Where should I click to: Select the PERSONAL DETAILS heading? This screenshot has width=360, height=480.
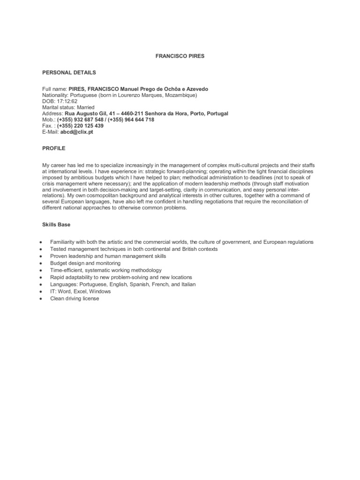(69, 73)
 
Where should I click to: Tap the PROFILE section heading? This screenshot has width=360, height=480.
(54, 148)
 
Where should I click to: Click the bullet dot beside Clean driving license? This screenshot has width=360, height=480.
(42, 299)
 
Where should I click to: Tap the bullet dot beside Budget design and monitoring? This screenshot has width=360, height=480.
(42, 263)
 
